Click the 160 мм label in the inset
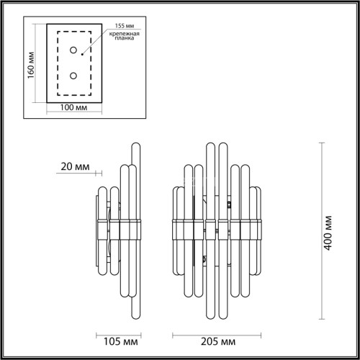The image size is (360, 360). click(x=30, y=66)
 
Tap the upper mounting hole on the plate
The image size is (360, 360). click(x=73, y=50)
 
